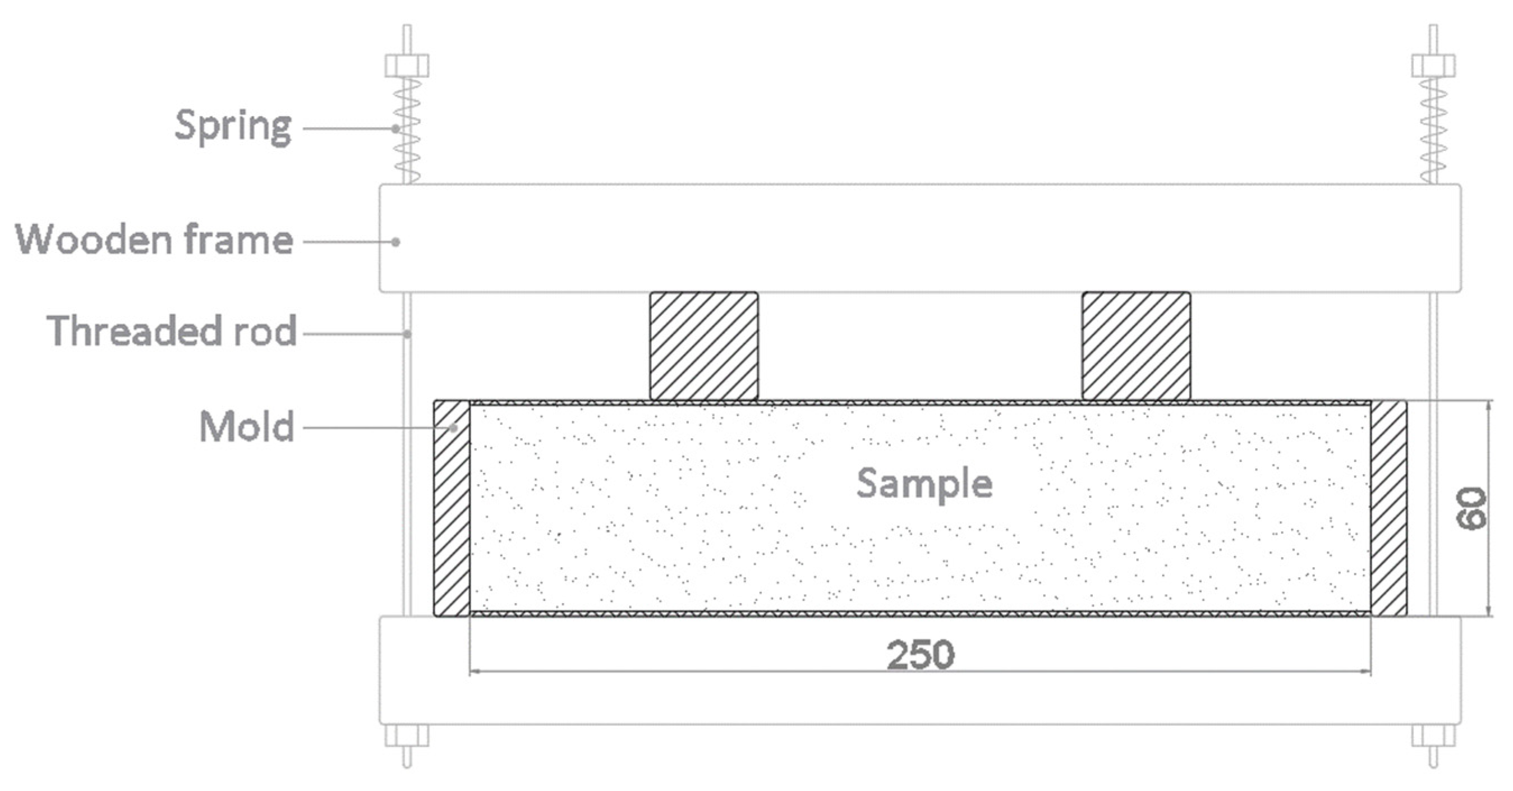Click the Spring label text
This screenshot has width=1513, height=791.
(233, 126)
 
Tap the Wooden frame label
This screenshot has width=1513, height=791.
(154, 240)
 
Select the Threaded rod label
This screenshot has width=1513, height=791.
(172, 331)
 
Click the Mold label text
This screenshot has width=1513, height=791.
(247, 426)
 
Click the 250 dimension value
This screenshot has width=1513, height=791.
(920, 655)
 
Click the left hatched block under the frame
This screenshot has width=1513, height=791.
(703, 347)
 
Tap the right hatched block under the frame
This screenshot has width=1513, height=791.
(1136, 347)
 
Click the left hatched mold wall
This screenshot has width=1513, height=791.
(452, 509)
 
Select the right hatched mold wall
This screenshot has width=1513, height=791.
(1388, 509)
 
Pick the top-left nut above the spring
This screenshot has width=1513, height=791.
(407, 66)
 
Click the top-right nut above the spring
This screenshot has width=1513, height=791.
(1433, 66)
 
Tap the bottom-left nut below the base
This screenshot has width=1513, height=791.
(407, 736)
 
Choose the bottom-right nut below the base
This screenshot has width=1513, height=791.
(1433, 736)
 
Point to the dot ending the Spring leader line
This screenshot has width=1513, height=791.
(397, 128)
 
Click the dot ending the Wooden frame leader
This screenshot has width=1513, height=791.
(397, 242)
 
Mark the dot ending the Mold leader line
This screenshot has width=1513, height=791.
(453, 428)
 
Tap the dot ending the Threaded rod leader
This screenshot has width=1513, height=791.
(407, 334)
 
